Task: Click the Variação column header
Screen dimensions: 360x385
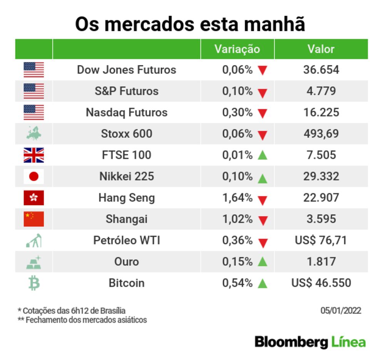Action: coord(237,49)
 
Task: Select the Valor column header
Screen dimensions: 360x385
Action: coord(321,49)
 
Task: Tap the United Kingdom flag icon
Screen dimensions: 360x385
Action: coord(34,155)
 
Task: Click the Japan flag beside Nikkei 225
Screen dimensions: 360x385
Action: coord(34,177)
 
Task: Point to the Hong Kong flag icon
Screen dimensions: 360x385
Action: coord(34,198)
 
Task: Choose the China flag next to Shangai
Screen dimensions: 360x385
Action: coord(34,219)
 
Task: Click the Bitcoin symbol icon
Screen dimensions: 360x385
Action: coord(34,283)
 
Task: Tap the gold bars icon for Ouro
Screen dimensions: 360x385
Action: coord(34,262)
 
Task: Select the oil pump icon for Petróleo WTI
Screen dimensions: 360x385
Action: coord(34,241)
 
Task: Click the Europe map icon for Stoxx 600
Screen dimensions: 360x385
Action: coord(34,133)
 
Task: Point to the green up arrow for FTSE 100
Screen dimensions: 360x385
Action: coord(263,155)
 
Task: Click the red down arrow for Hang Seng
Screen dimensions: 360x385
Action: coord(263,199)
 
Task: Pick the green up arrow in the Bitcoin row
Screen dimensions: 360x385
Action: coord(263,283)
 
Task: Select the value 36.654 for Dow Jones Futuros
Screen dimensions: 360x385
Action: coord(321,70)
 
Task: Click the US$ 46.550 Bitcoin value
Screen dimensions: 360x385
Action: coord(321,283)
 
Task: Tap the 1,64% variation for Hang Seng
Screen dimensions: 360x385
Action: coord(238,198)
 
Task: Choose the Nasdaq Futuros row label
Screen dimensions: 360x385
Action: coord(127,112)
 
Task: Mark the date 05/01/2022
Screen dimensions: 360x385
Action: coord(341,310)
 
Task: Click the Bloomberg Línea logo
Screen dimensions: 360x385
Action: coord(310,342)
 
